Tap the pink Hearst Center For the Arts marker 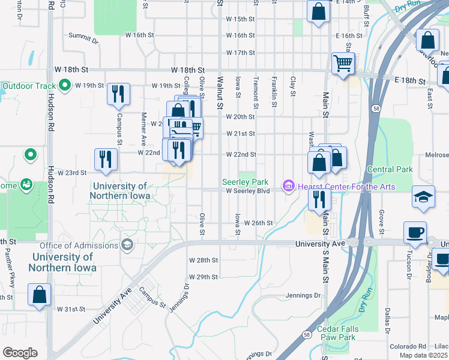pyautogui.click(x=288, y=187)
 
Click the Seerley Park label pyautogui.click(x=244, y=181)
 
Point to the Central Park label pyautogui.click(x=390, y=170)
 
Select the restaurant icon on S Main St pyautogui.click(x=319, y=199)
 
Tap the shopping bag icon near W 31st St pyautogui.click(x=39, y=295)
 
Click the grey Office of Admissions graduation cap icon pyautogui.click(x=127, y=245)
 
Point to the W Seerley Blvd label pyautogui.click(x=249, y=191)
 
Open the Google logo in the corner pyautogui.click(x=20, y=353)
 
